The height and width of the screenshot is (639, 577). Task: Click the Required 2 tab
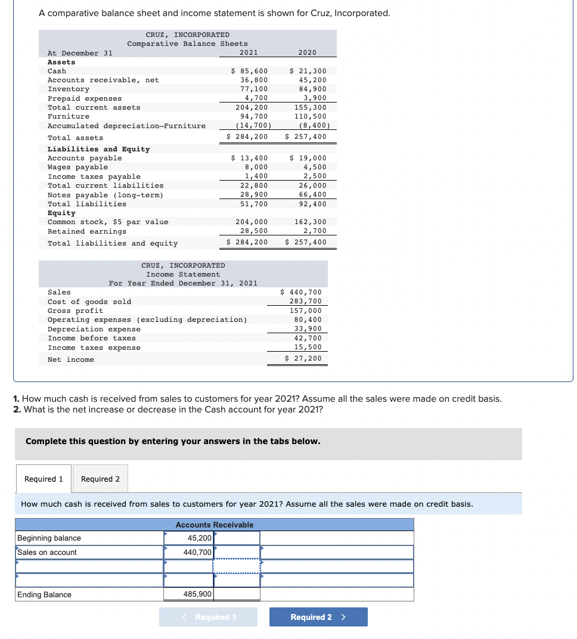point(100,479)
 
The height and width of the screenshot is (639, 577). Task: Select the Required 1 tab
point(44,479)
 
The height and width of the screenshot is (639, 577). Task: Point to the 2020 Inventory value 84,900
point(312,89)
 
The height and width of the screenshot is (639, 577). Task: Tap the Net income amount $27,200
point(303,358)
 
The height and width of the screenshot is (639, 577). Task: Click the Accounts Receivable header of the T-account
point(215,525)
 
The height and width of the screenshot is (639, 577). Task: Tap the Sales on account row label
point(47,553)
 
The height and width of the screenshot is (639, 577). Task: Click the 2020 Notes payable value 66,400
point(312,194)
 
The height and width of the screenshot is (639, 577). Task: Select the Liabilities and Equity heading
point(98,149)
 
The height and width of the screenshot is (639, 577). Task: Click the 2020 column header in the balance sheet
point(307,52)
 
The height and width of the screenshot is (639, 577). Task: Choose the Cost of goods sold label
point(89,302)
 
